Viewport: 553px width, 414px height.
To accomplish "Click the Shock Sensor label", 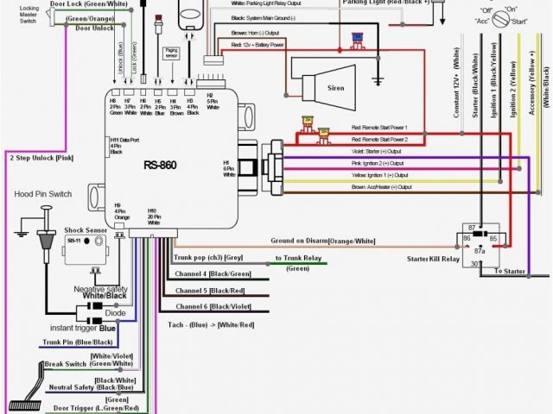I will (85, 232).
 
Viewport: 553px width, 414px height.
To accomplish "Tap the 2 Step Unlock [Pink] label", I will (41, 158).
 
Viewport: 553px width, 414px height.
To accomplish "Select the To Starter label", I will (509, 272).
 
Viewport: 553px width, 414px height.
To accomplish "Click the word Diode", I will (104, 314).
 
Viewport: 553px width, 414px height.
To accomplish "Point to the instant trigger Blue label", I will (84, 328).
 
